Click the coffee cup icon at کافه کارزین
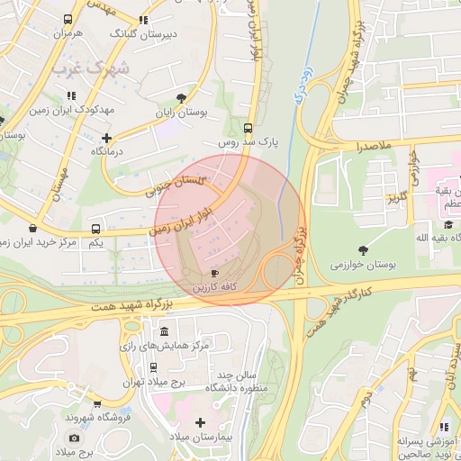(214, 273)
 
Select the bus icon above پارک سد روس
(249, 128)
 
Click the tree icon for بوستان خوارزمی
(363, 249)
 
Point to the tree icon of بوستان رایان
(183, 97)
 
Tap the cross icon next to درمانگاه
(107, 138)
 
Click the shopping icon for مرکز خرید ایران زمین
(33, 228)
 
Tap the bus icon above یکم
(96, 229)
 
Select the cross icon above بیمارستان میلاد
(200, 422)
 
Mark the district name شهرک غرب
(90, 68)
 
